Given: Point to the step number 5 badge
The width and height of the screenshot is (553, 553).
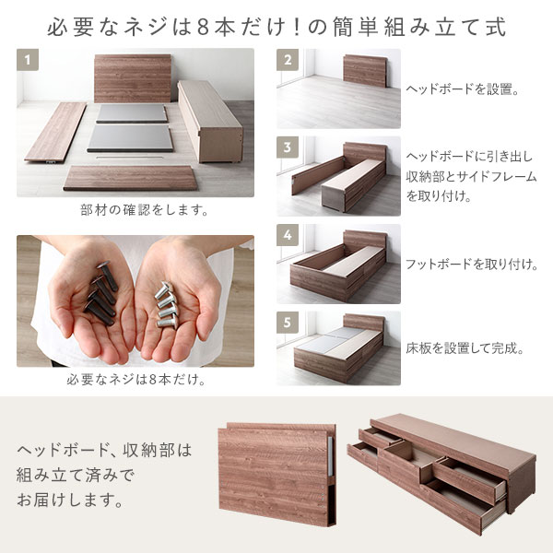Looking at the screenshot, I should click(288, 322).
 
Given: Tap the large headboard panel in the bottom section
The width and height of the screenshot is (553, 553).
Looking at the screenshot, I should click(272, 475).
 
